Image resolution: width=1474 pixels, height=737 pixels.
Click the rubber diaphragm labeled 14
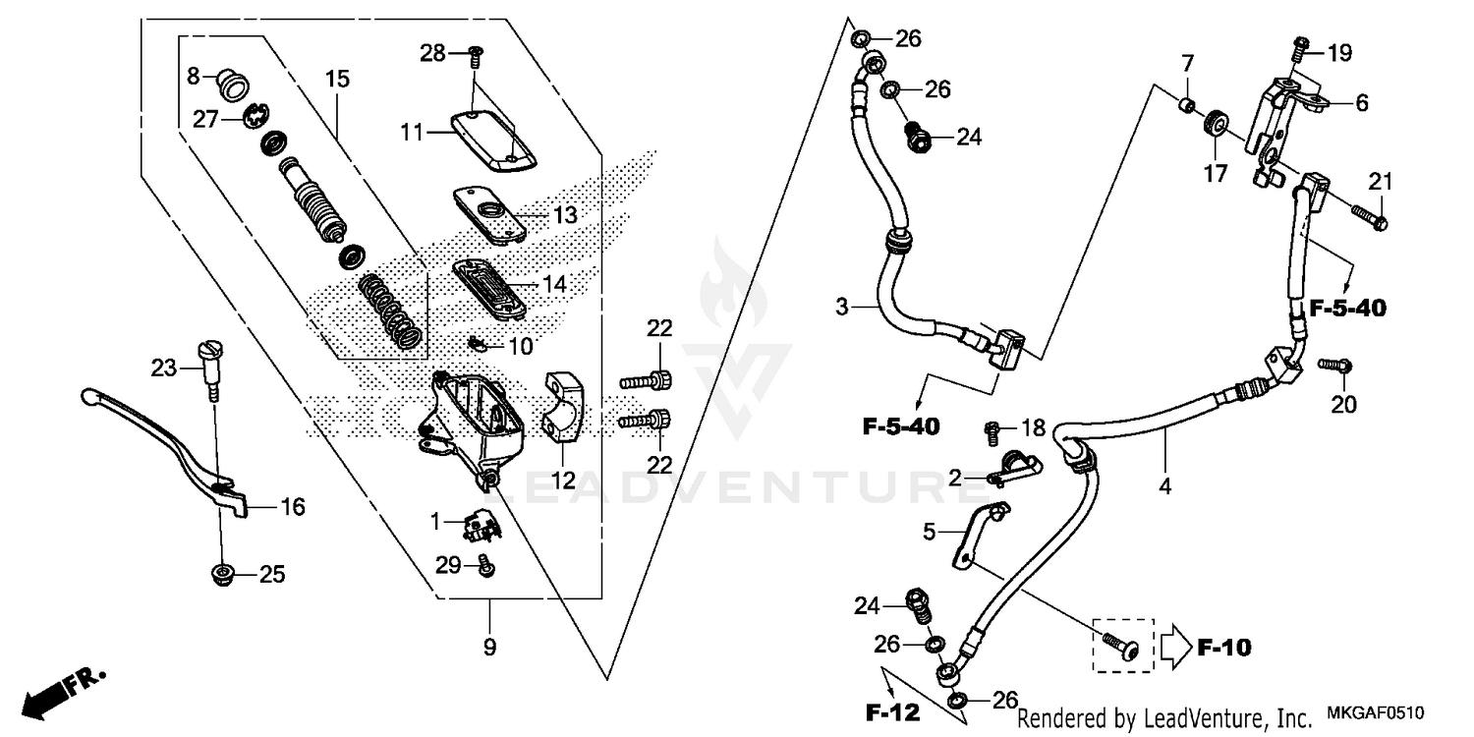point(488,285)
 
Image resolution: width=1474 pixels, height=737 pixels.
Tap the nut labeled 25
point(222,574)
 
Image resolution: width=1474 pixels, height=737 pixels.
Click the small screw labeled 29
point(484,565)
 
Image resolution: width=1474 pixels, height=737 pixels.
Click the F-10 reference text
point(1223,648)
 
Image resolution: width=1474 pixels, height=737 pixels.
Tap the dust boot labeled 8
point(232,85)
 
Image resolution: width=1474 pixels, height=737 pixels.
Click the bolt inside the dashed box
point(1121,645)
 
